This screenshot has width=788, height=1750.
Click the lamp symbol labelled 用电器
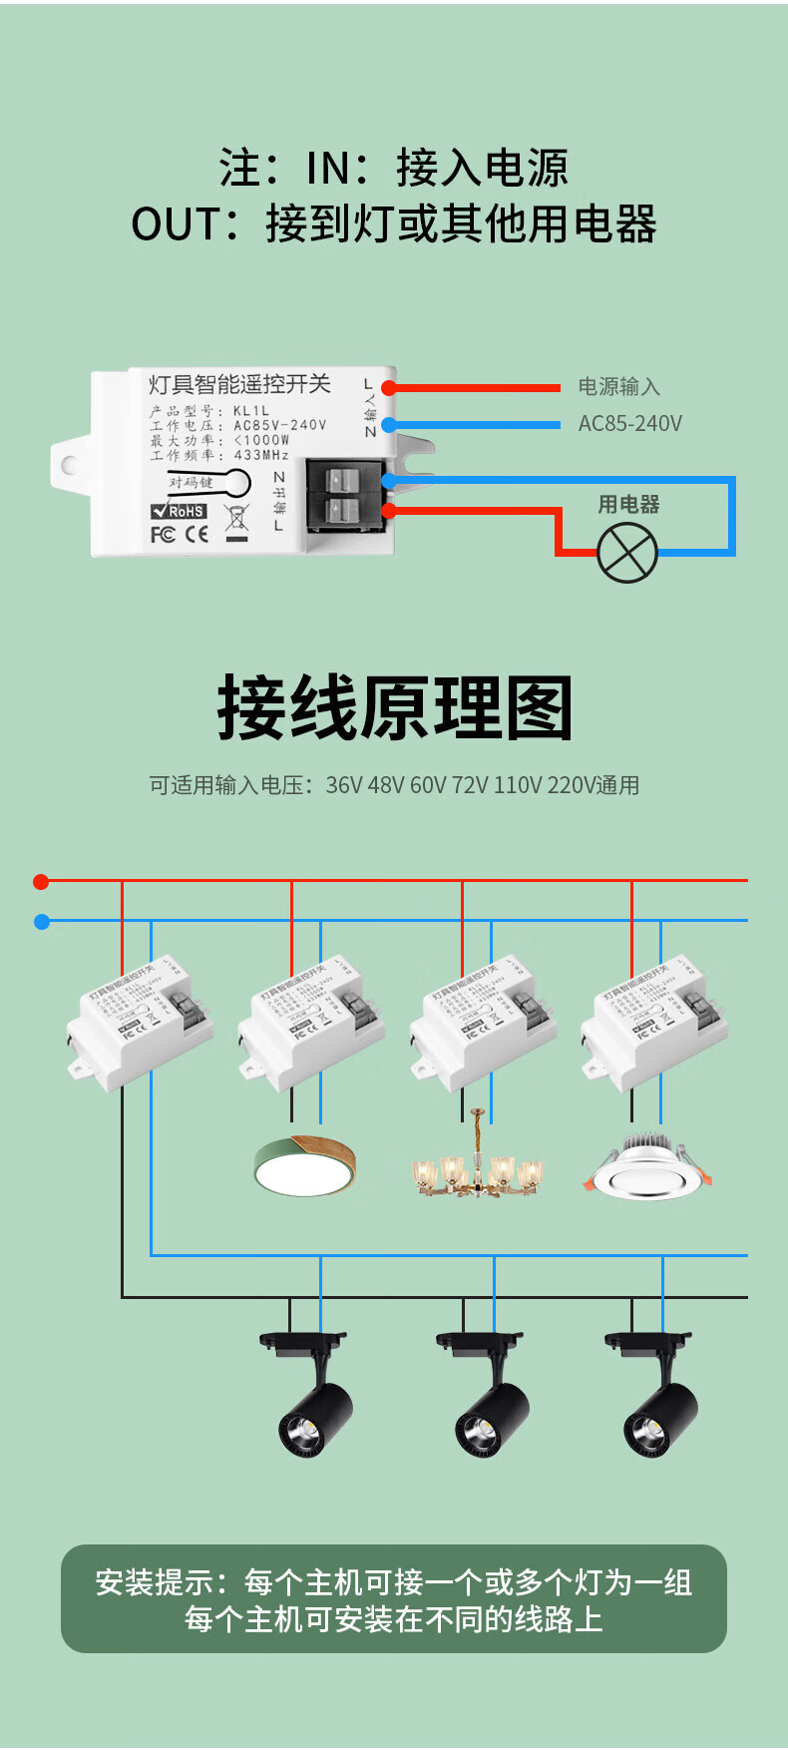(x=627, y=553)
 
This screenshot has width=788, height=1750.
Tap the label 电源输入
(x=618, y=387)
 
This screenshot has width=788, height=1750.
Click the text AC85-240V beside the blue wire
(x=630, y=424)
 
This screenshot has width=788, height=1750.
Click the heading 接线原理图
(x=395, y=708)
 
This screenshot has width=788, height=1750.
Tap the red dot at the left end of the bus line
(x=41, y=881)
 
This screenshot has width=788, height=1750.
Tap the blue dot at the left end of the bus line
(x=41, y=922)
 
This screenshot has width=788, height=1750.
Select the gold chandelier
(x=479, y=1167)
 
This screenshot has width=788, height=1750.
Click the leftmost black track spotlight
(x=312, y=1397)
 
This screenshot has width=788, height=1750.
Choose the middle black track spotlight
(x=489, y=1397)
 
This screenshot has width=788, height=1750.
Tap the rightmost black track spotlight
(x=657, y=1397)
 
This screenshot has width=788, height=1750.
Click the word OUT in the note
(x=175, y=224)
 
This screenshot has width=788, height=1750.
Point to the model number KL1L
(x=251, y=410)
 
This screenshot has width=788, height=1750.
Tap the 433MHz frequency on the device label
(x=261, y=455)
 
